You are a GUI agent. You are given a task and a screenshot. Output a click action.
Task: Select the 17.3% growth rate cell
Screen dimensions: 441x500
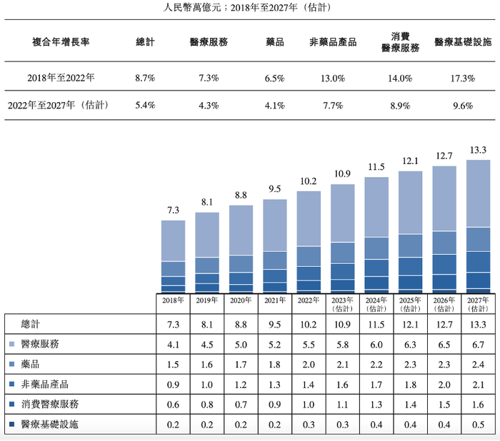[x=463, y=78]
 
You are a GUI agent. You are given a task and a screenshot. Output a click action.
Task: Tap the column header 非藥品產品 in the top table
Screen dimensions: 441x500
[x=333, y=42]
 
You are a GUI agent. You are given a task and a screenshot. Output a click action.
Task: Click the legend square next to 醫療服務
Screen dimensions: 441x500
[x=11, y=344]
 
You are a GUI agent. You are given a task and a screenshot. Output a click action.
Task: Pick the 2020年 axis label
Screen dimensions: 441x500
[x=241, y=301]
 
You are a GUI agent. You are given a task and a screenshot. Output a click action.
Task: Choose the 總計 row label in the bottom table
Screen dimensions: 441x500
[x=32, y=323]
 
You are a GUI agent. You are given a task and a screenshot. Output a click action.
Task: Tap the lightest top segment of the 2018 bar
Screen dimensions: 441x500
[x=173, y=240]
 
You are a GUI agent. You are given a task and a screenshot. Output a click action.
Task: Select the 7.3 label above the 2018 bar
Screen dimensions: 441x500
[x=173, y=211]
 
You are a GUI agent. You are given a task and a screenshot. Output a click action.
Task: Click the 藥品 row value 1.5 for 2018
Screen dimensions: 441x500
[x=173, y=364]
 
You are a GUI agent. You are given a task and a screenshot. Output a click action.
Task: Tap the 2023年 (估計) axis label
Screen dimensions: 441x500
[x=343, y=305]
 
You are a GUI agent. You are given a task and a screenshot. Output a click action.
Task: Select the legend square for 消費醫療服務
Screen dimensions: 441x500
[x=11, y=405]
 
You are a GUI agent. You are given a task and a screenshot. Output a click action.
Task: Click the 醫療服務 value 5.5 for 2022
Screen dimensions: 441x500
[x=309, y=344]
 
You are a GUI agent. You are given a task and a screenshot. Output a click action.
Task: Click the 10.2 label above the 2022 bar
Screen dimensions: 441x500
[x=309, y=181]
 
